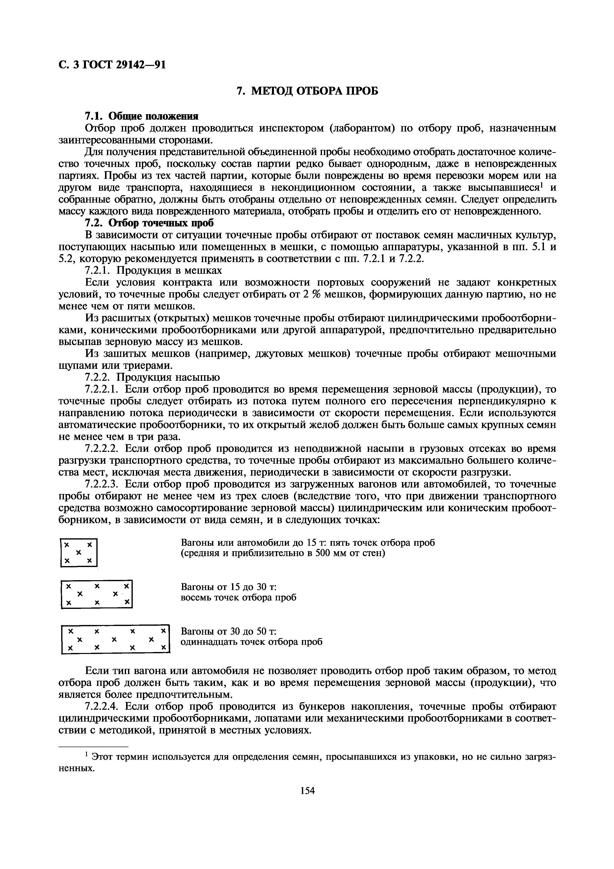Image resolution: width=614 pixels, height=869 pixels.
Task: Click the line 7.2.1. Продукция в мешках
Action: (x=153, y=270)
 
